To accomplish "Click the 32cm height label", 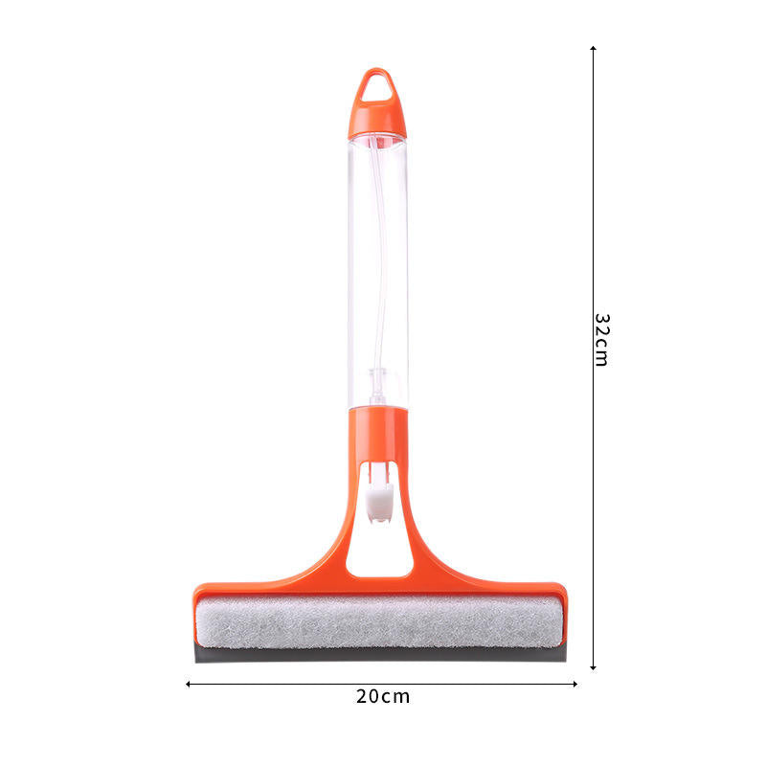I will coord(601,339).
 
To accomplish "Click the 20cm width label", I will coord(383,696).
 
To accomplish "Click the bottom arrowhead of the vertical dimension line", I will coord(594,666).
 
